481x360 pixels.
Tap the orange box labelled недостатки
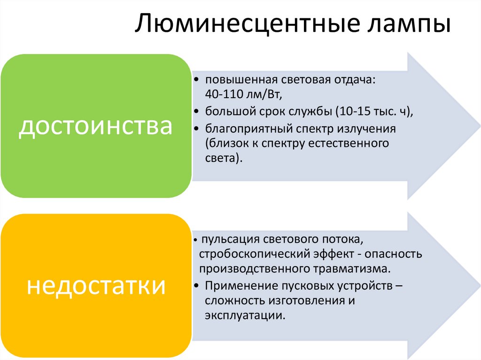[x=96, y=285]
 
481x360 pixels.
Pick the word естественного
[x=348, y=143]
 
